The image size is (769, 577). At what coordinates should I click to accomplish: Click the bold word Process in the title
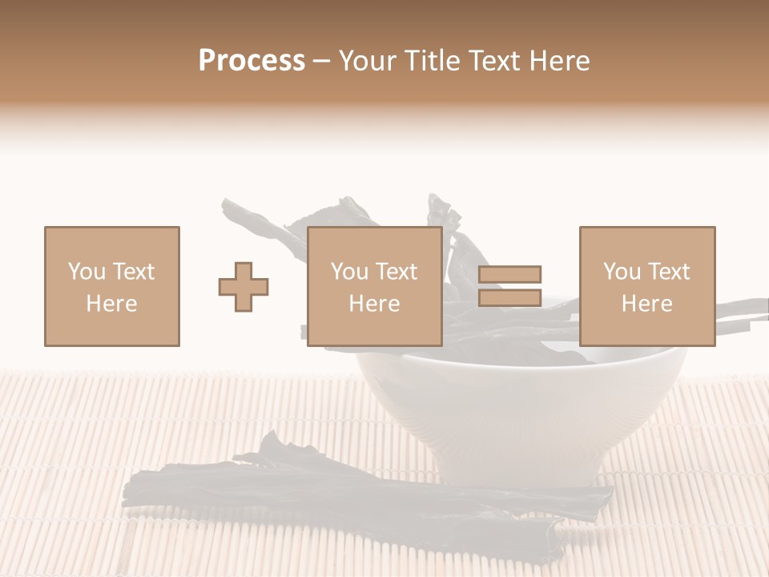252,61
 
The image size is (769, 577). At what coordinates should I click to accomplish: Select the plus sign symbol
244,286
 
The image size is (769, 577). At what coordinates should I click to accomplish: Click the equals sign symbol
510,286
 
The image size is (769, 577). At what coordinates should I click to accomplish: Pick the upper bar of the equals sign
510,274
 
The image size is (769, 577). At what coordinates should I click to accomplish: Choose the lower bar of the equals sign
510,298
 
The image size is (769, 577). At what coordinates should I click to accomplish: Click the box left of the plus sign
112,286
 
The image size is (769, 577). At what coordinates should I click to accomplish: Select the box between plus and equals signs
375,286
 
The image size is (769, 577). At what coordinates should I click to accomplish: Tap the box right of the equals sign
647,286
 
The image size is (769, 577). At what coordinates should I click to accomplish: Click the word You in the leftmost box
87,272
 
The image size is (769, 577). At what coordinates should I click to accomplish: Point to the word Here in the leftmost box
112,304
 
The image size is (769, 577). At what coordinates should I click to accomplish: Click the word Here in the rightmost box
647,304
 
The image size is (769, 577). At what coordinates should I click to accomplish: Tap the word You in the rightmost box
622,272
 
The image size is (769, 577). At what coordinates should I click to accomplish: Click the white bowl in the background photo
521,417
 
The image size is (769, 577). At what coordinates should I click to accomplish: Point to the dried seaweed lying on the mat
336,497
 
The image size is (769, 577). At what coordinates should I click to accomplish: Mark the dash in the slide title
322,62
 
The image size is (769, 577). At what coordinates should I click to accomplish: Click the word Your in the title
368,61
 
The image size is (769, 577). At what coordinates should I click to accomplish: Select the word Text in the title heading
491,61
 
